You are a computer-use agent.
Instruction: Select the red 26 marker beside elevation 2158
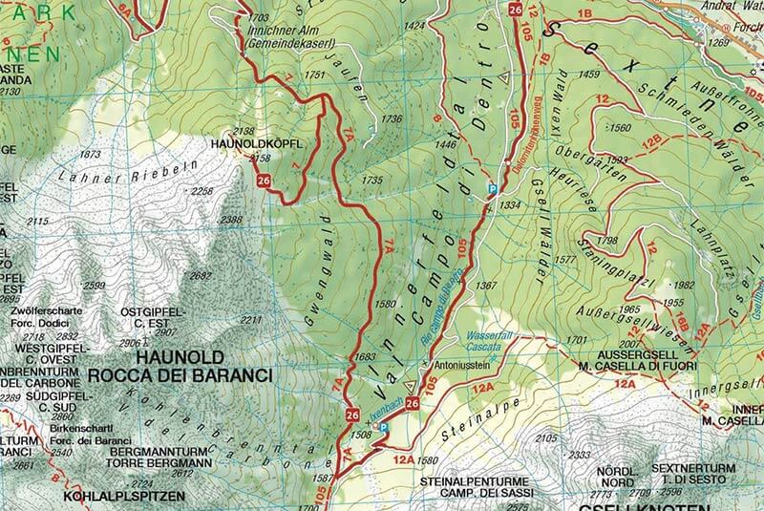click(x=263, y=180)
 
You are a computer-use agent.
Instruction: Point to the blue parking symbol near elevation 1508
click(x=383, y=430)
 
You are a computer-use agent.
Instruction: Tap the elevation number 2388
click(x=230, y=220)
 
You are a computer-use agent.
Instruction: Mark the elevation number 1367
click(x=487, y=286)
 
